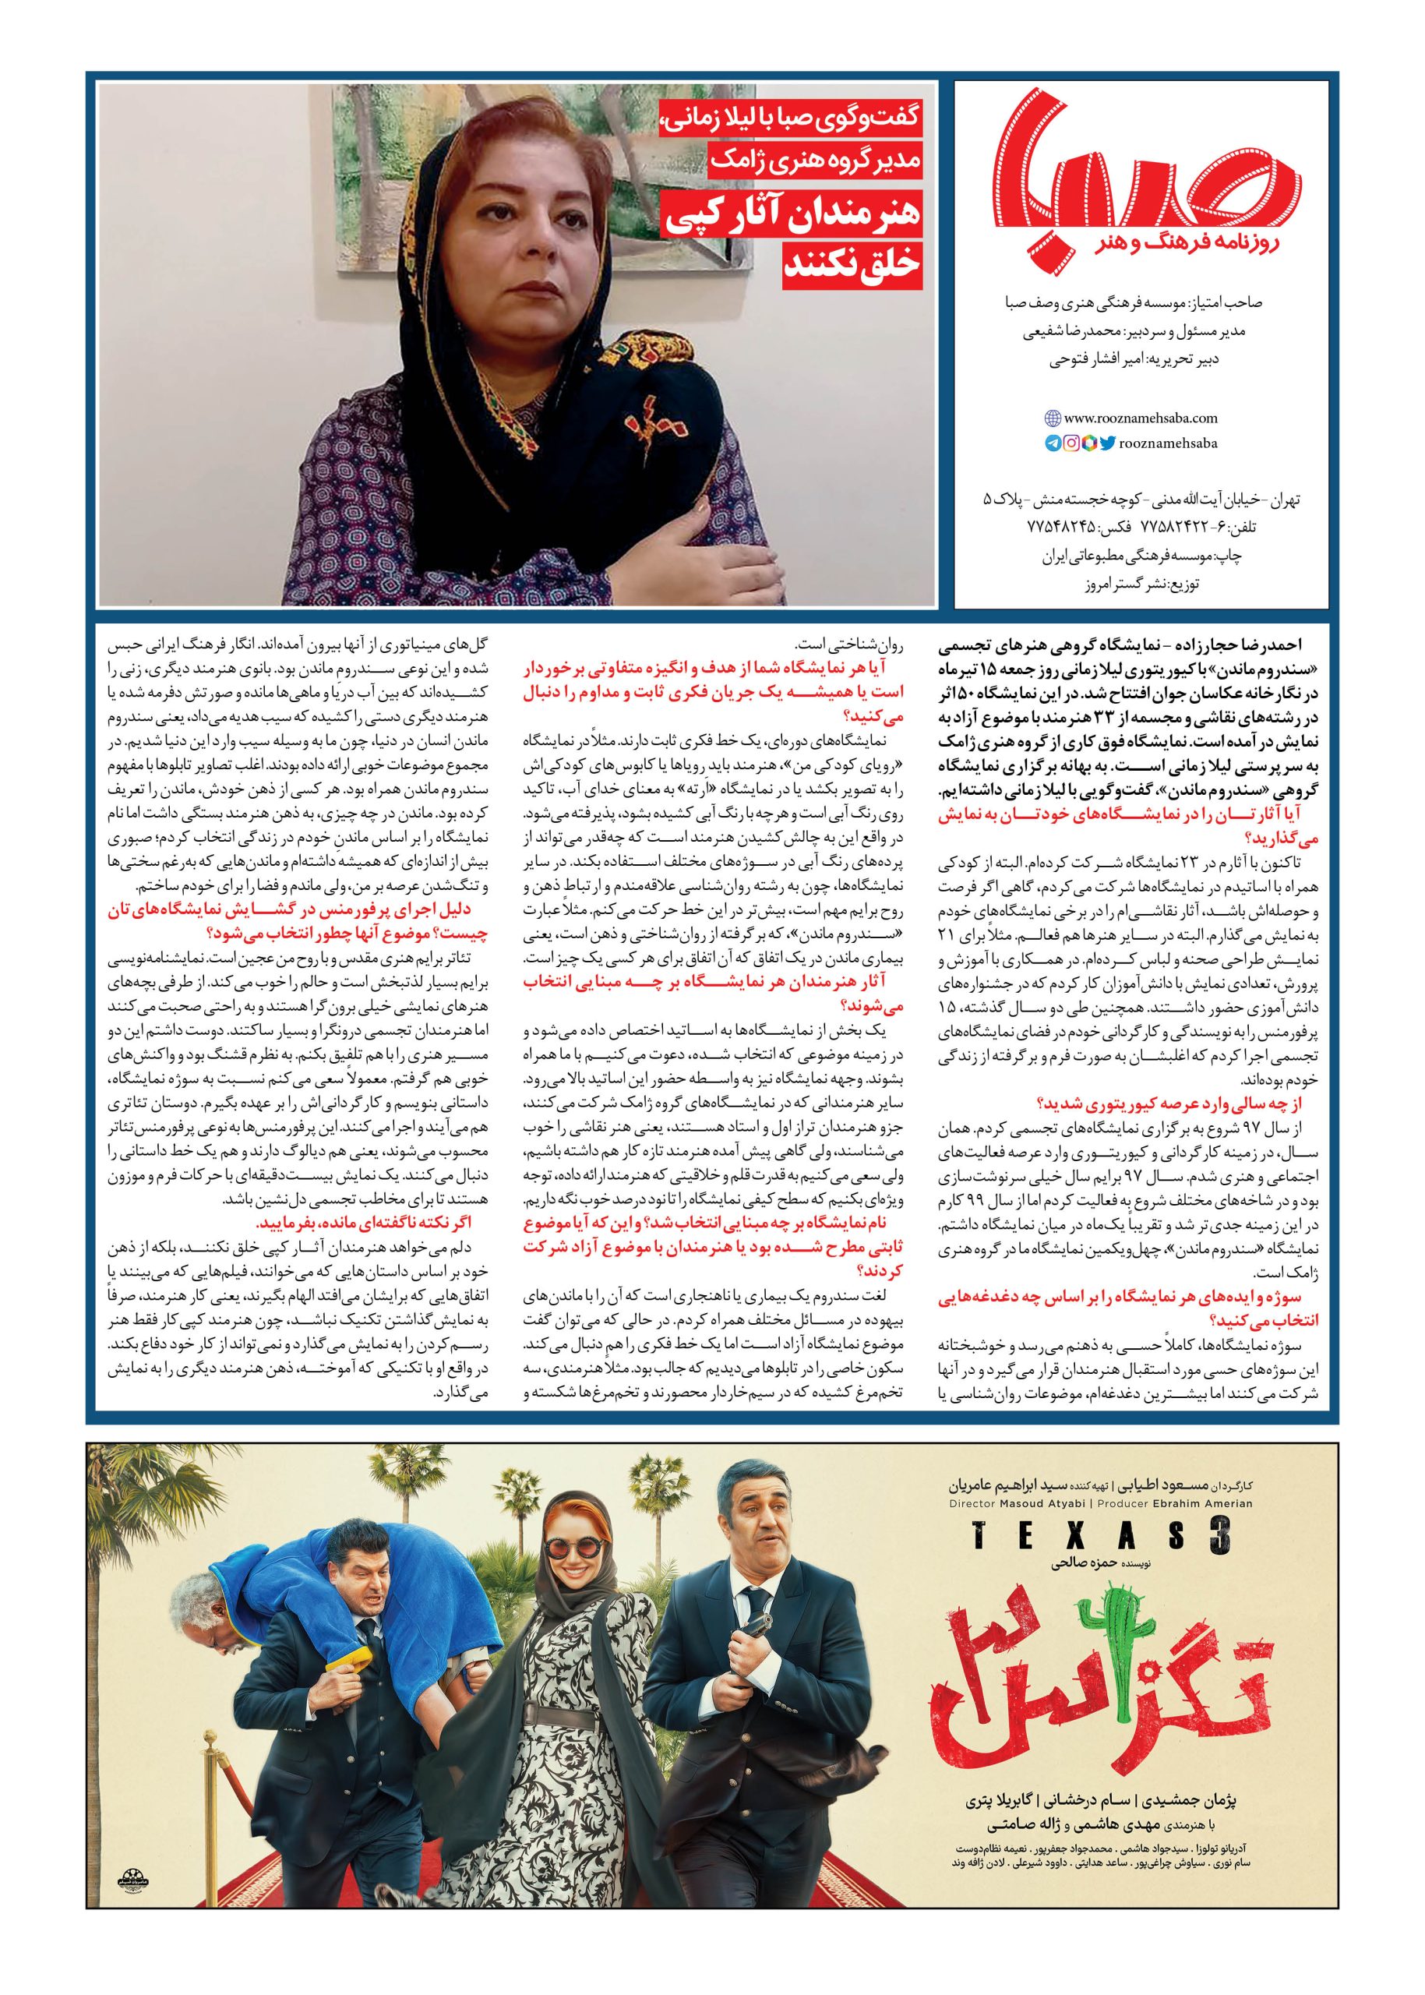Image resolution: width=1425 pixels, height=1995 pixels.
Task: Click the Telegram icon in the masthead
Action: [1052, 444]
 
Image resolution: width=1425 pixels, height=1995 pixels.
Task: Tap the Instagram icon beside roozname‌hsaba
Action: [1071, 444]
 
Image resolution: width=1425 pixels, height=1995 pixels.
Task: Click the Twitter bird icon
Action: [1106, 444]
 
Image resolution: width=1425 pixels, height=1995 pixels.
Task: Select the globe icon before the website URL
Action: [1053, 419]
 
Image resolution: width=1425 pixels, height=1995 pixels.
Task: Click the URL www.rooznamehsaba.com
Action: [1131, 419]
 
